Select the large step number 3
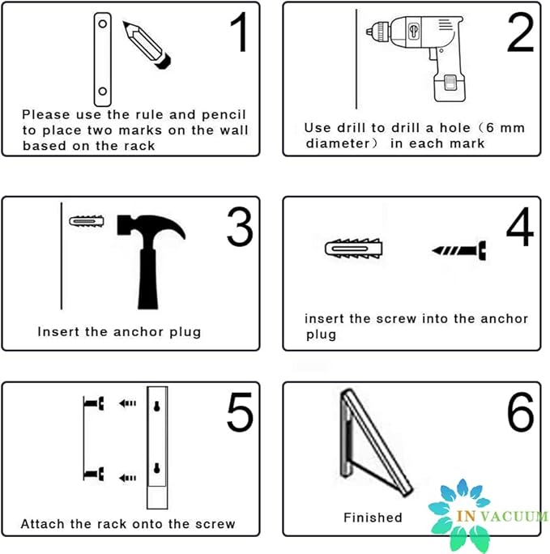(x=240, y=228)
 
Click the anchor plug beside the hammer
(x=87, y=221)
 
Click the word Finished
(x=373, y=517)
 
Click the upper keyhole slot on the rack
(x=156, y=408)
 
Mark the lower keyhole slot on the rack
(x=156, y=469)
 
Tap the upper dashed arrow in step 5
(x=126, y=403)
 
